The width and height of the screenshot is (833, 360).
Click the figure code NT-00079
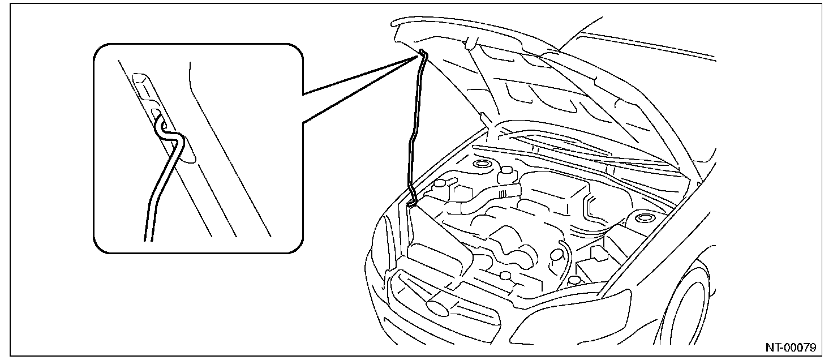point(791,348)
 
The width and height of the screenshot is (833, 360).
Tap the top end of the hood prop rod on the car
point(423,53)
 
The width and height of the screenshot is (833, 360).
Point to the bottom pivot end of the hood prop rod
point(410,203)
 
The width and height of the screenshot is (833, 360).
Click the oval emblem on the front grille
point(439,307)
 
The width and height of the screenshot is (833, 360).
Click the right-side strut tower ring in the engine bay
point(642,217)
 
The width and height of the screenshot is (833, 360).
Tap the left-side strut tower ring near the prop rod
point(482,164)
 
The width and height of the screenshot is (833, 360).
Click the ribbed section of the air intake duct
point(502,194)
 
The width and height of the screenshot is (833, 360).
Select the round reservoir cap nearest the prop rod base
point(440,183)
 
